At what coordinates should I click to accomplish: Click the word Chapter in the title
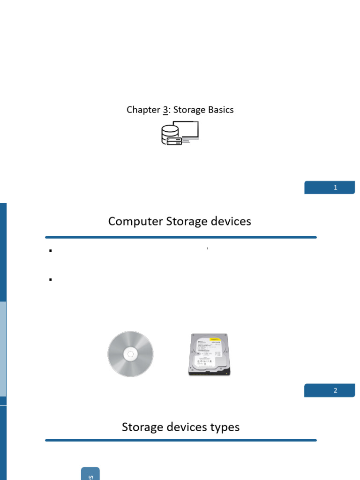143,110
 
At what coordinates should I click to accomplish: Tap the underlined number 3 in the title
165,110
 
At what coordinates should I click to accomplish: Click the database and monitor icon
180,133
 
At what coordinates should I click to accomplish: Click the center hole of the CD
130,354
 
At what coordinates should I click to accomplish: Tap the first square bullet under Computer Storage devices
50,251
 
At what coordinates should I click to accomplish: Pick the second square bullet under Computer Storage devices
50,280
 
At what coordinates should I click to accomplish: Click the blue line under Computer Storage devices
181,237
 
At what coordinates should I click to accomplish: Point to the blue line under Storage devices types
181,440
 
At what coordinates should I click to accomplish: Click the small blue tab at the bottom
90,473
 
